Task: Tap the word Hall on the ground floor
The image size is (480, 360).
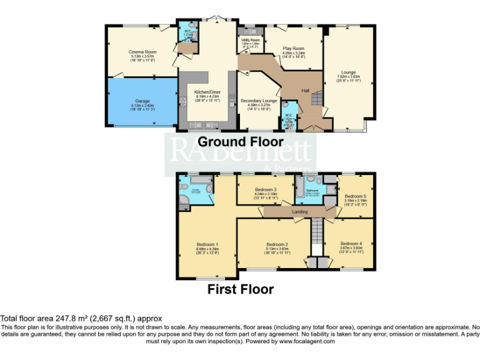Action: coord(306,91)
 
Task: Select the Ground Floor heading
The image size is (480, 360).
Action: coord(241,142)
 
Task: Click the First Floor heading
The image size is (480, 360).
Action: coord(241,289)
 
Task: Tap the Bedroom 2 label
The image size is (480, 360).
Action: coord(277,244)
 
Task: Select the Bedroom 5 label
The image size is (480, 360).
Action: coord(355,196)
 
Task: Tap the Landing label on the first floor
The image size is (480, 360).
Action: coord(300,212)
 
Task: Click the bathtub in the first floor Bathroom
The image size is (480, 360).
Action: coord(299,186)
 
